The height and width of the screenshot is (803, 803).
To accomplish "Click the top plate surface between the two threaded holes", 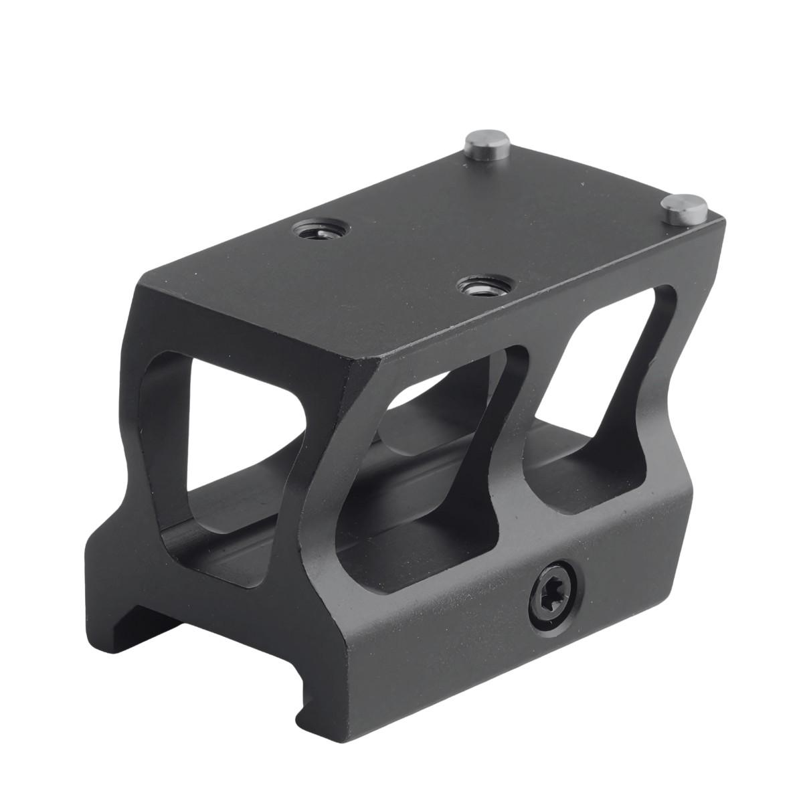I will point(395,258).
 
